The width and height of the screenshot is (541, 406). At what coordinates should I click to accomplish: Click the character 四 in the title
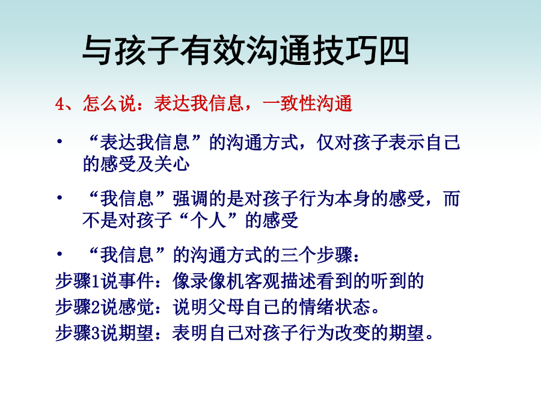point(394,51)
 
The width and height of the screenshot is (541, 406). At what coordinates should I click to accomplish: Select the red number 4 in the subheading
point(60,103)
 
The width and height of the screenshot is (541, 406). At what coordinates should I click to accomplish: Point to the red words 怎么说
point(109,103)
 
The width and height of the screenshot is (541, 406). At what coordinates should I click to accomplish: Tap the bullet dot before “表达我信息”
point(60,141)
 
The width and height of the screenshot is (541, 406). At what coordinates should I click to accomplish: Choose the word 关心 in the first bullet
point(172,164)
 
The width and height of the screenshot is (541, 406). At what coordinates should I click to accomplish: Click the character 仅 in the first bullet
point(325,142)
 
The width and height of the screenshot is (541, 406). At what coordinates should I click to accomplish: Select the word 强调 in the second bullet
point(190,198)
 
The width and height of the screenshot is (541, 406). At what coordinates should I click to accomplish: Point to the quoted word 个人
point(208,220)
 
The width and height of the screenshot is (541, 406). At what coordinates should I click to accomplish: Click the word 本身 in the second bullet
point(352,198)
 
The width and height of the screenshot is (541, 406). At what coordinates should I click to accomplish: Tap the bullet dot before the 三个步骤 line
point(60,254)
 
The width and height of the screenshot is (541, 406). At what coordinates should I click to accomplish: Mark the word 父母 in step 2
point(226,307)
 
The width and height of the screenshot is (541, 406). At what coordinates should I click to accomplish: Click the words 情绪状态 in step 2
point(334,307)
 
